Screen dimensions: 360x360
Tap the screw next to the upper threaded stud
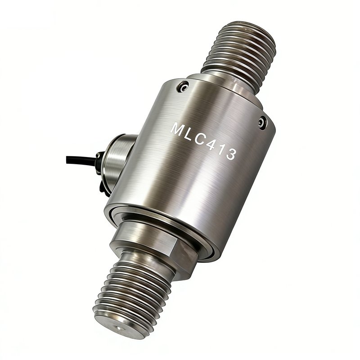(x=183, y=87)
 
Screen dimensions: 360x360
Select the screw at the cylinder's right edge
(x=262, y=123)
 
